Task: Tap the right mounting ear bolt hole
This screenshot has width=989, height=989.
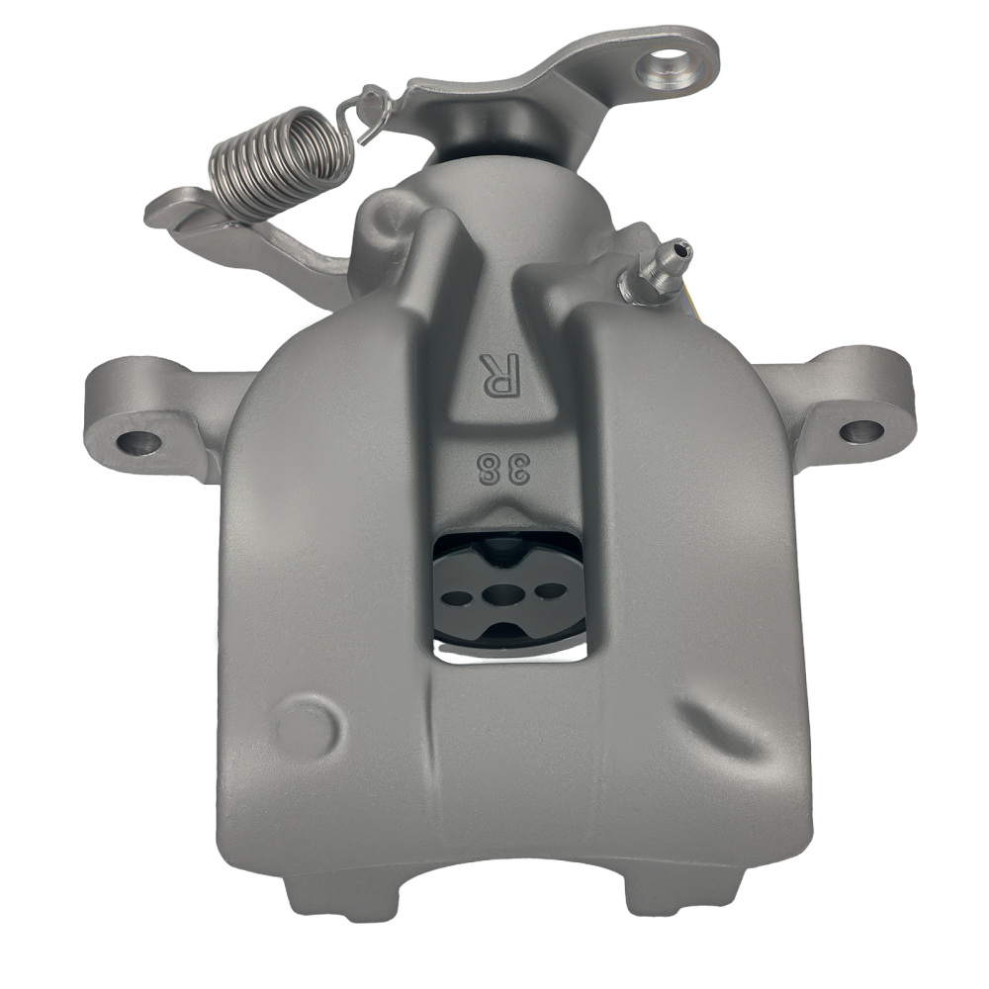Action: click(x=860, y=431)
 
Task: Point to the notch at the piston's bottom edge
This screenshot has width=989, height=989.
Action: click(x=504, y=633)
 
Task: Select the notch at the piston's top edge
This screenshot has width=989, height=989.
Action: click(x=504, y=546)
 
